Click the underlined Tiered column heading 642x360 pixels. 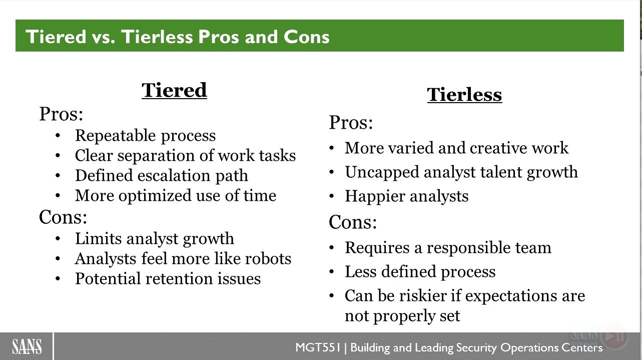click(174, 90)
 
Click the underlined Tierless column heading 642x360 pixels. click(464, 95)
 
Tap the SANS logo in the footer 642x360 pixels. click(27, 346)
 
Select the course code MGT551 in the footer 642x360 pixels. click(318, 347)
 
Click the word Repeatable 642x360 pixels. click(116, 136)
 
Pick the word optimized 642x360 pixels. click(155, 196)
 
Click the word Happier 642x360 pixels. click(375, 197)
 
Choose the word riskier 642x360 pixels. click(423, 296)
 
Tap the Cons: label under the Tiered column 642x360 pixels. click(63, 217)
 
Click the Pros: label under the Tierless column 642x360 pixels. click(351, 123)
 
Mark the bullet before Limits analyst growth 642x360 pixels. click(58, 239)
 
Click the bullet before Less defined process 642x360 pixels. click(332, 271)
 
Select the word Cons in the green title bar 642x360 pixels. click(306, 37)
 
